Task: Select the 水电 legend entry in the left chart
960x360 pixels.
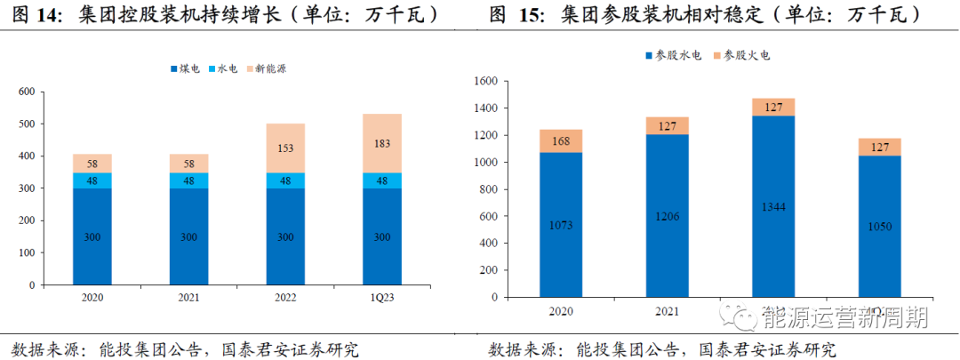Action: pos(227,68)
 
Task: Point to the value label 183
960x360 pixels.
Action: pos(381,144)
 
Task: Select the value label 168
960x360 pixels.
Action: pos(562,140)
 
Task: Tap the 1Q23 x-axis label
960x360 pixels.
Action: pos(381,298)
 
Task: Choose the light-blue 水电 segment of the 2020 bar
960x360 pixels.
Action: pos(92,180)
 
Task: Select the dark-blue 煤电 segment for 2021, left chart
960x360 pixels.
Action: pos(189,236)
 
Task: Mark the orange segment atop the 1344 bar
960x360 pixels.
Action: pos(773,107)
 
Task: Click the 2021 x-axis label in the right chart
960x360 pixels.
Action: pos(667,311)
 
